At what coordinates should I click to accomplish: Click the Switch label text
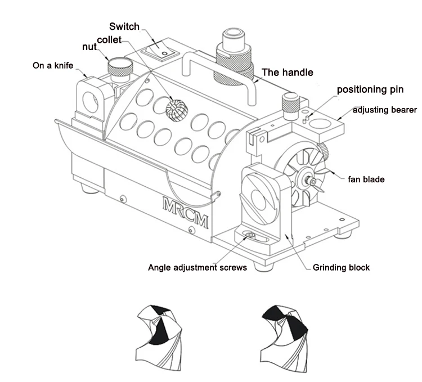click(x=124, y=26)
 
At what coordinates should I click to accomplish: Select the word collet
click(x=109, y=40)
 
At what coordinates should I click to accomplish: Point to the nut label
click(x=89, y=47)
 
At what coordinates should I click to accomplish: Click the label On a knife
click(x=53, y=65)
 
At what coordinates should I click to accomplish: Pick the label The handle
click(x=288, y=73)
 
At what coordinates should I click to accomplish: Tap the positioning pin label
click(x=370, y=89)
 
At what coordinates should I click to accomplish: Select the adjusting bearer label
click(x=385, y=110)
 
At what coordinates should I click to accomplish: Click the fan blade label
click(x=366, y=179)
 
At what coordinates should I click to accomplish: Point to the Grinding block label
click(x=341, y=267)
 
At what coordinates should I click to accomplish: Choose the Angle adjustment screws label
click(x=197, y=267)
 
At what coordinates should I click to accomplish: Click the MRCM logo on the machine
click(x=186, y=213)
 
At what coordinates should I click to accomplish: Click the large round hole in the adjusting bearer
click(x=320, y=124)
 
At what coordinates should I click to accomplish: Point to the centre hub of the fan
click(x=307, y=179)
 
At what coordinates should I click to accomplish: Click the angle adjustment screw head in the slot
click(x=249, y=235)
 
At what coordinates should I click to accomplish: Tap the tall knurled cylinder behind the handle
click(x=234, y=56)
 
